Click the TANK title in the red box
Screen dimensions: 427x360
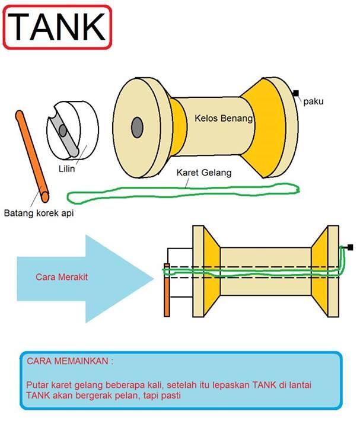[57, 27]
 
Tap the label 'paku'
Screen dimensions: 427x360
[313, 102]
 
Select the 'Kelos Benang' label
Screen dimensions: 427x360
[224, 119]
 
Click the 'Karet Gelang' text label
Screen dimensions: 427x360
[204, 173]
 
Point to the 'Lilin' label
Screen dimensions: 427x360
[66, 168]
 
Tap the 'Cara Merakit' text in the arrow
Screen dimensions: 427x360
[57, 276]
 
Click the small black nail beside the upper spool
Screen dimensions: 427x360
[295, 93]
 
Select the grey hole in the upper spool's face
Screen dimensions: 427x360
[138, 126]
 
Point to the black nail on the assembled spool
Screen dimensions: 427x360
[351, 247]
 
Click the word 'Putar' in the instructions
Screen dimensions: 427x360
[37, 385]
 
